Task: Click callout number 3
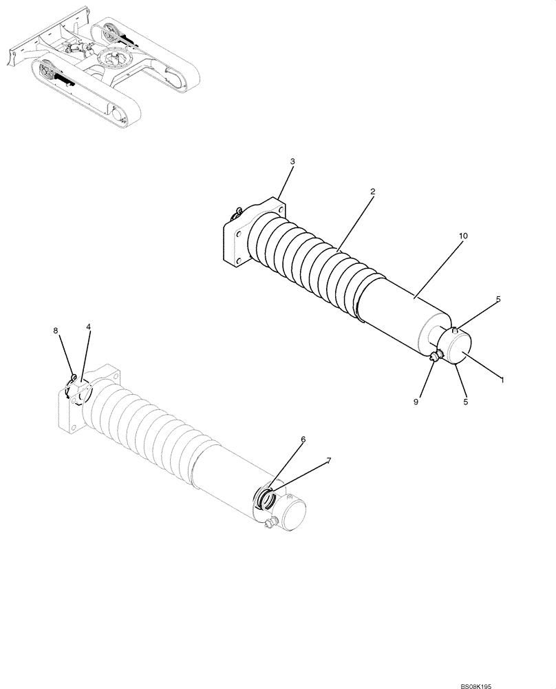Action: click(x=292, y=161)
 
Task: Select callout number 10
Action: click(x=463, y=236)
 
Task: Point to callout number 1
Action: click(x=502, y=380)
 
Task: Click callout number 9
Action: click(x=415, y=401)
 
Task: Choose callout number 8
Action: click(x=56, y=331)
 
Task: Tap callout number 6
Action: click(x=303, y=439)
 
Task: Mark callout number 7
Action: click(x=328, y=460)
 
